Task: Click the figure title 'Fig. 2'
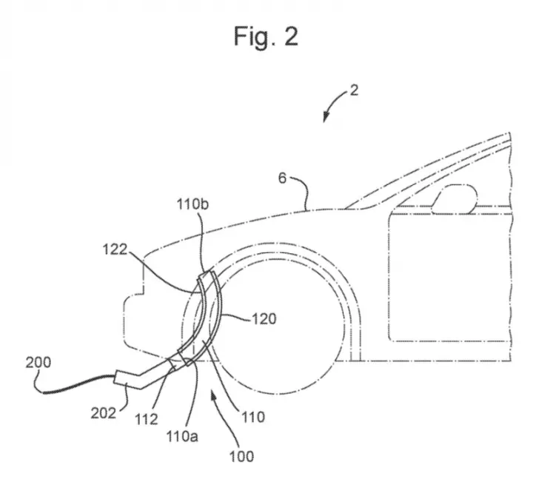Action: [266, 36]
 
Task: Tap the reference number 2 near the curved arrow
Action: [354, 90]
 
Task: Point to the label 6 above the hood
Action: [283, 178]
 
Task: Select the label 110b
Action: [192, 204]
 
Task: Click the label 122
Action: [115, 250]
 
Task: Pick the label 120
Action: [264, 319]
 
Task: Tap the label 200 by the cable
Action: [38, 362]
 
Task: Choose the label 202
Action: [104, 413]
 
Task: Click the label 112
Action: [147, 419]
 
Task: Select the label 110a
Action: [182, 436]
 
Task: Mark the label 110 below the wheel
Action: [253, 417]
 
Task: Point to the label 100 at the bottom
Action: [241, 456]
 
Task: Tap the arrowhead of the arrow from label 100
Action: [212, 395]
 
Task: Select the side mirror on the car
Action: [455, 199]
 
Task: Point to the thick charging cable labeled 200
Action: [76, 384]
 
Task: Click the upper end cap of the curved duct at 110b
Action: [207, 277]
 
